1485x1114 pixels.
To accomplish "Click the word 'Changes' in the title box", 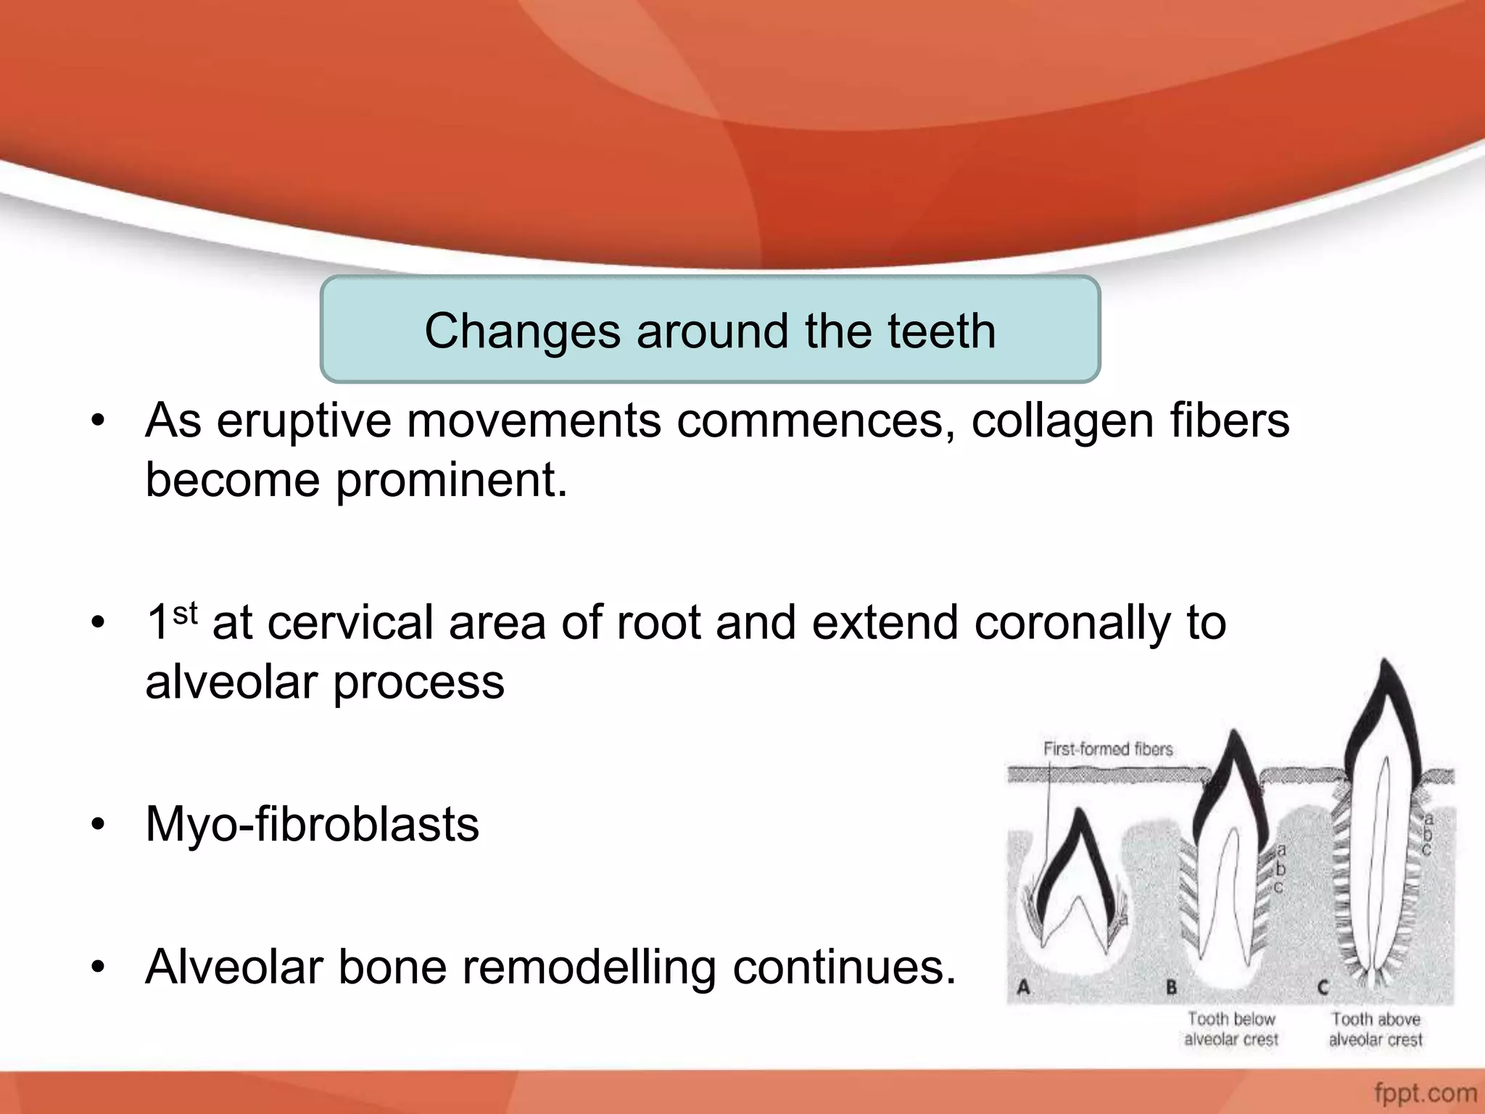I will (x=522, y=331).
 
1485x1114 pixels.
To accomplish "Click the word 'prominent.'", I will (x=451, y=481).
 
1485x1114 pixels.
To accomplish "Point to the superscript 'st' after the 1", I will (x=186, y=614).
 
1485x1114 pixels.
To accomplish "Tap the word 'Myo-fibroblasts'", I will (x=312, y=825).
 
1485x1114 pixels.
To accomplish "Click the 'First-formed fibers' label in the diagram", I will (x=1107, y=749).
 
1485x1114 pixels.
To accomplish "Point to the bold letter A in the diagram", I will (x=1024, y=987).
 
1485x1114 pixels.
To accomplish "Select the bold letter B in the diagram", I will (x=1171, y=987).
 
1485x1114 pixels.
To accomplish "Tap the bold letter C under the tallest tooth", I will (x=1323, y=987).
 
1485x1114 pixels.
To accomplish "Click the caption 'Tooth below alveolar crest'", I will (x=1230, y=1029).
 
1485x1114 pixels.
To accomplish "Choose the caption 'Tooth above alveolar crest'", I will (x=1375, y=1029).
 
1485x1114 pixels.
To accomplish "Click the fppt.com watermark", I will (x=1425, y=1092).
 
